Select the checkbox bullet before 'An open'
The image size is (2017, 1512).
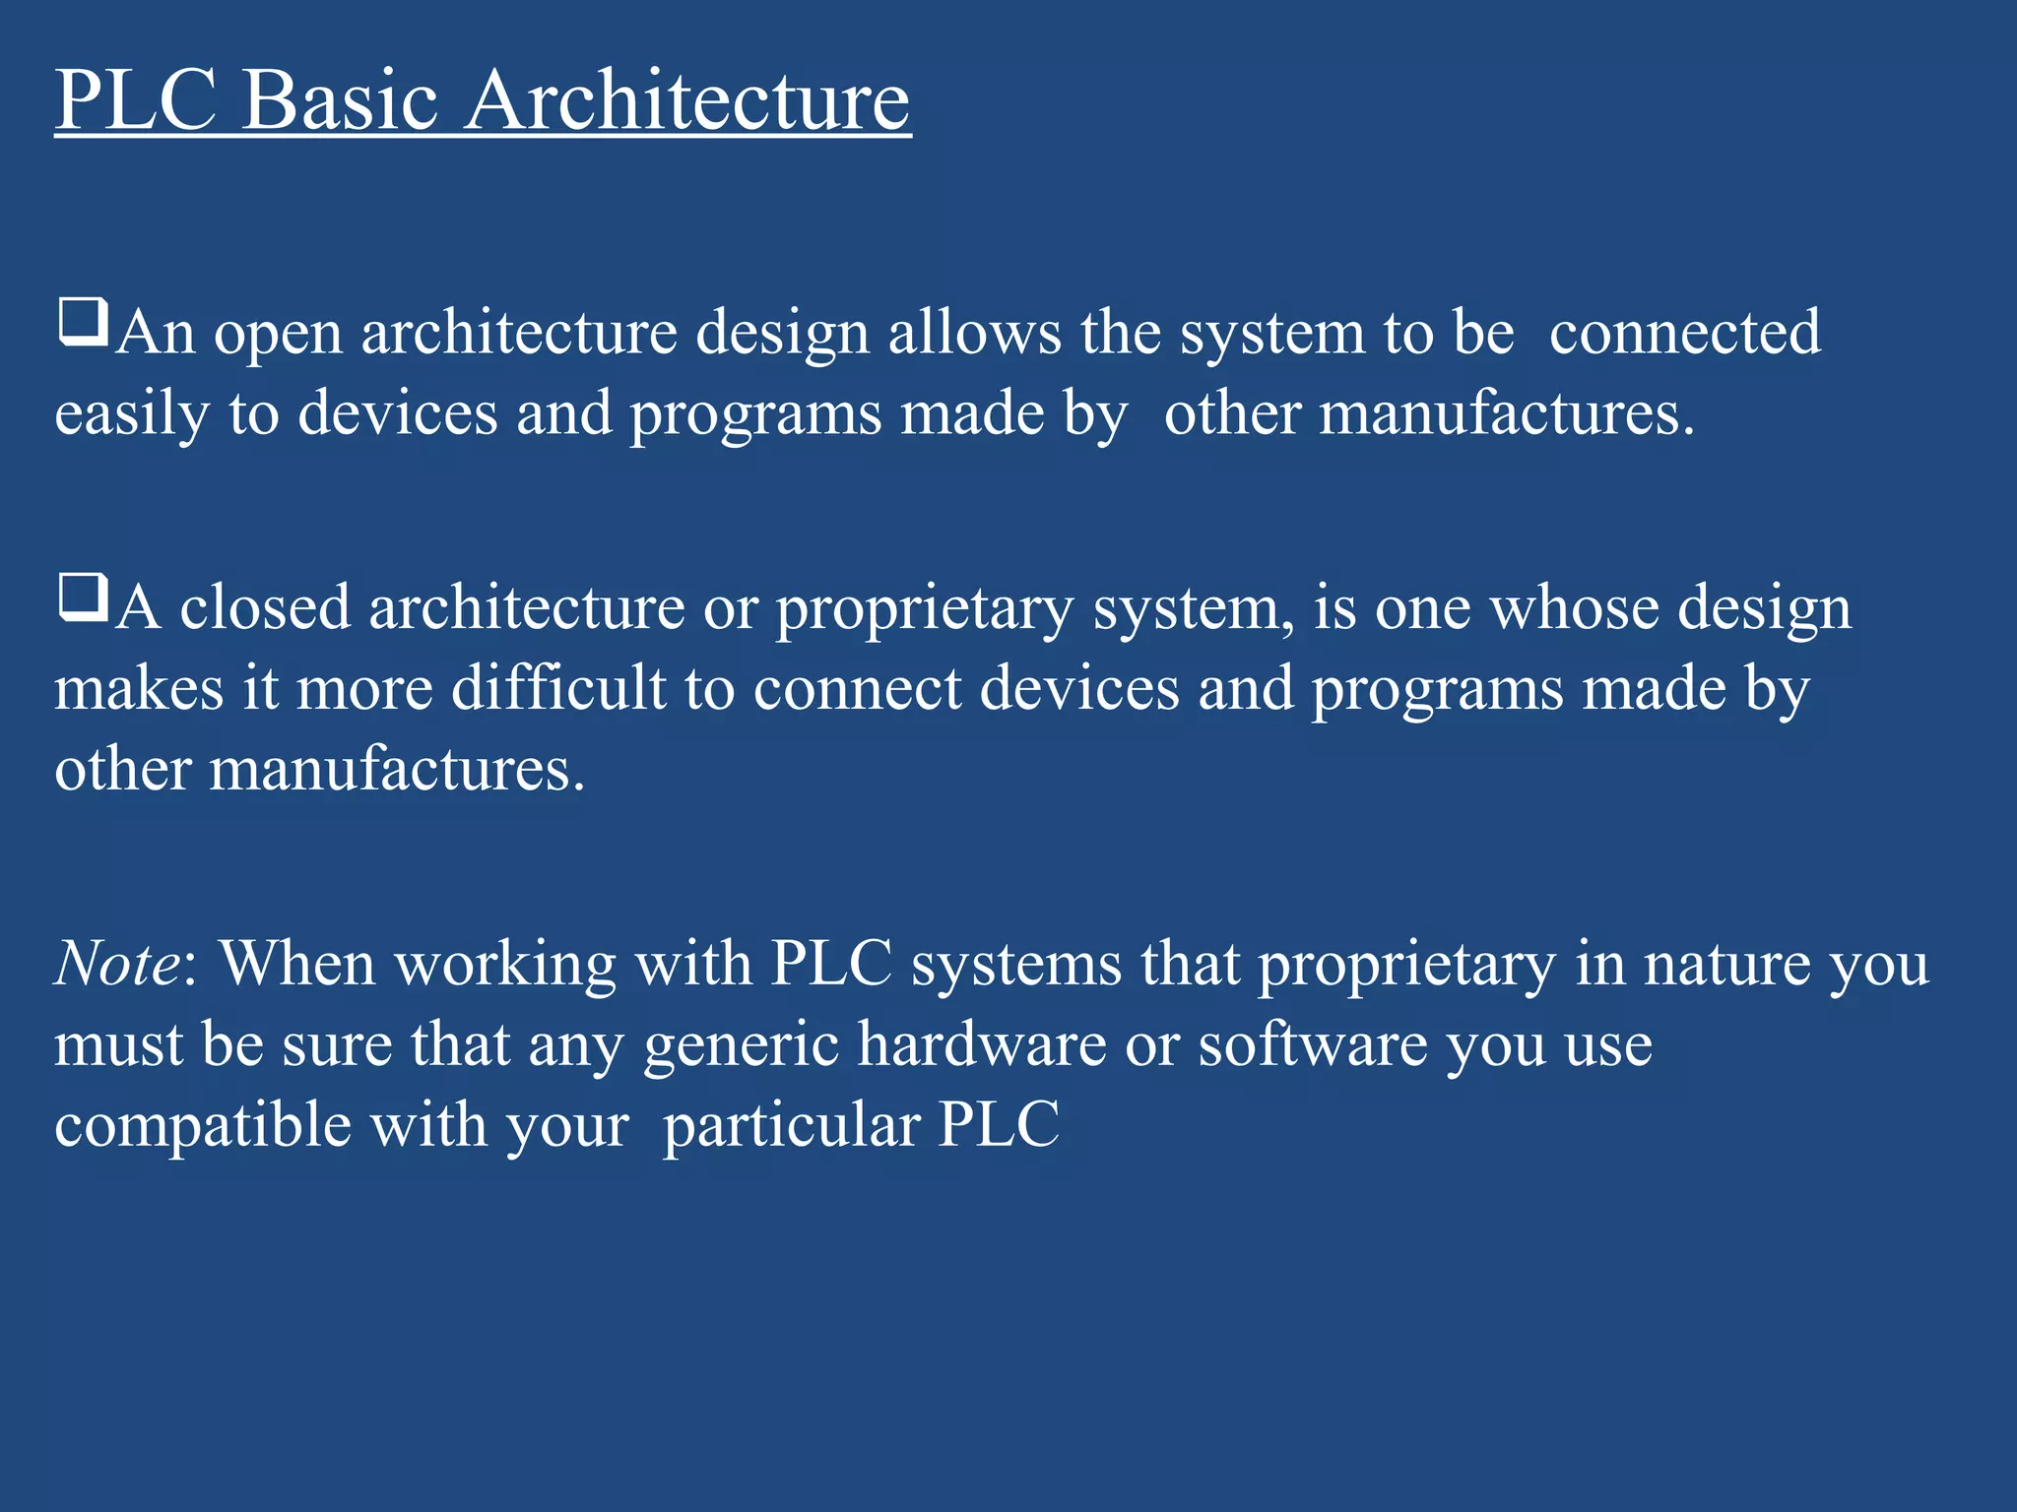[x=83, y=323]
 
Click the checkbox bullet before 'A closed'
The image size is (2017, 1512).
[x=83, y=598]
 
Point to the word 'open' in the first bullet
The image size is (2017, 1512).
[x=278, y=336]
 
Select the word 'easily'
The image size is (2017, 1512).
[x=131, y=415]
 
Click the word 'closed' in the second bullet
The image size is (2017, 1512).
[x=265, y=607]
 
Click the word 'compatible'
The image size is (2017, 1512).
[x=202, y=1126]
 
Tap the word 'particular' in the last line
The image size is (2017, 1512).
[x=791, y=1126]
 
